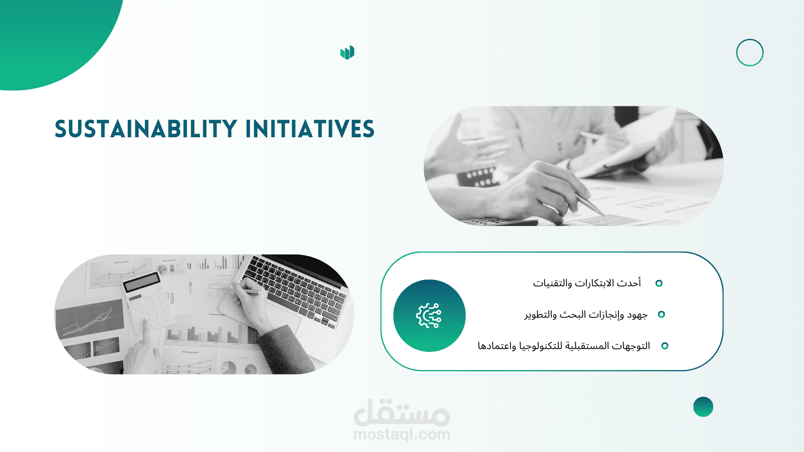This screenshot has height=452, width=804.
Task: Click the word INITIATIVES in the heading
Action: (x=310, y=129)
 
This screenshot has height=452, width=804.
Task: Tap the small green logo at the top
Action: (x=347, y=53)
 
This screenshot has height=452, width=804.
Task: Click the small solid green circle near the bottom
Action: (x=703, y=407)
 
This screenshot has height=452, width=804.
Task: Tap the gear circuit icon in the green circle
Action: (x=429, y=316)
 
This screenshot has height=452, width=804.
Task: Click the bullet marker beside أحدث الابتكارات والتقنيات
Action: (x=659, y=283)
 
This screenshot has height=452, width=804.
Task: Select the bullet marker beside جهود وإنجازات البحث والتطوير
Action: (x=662, y=314)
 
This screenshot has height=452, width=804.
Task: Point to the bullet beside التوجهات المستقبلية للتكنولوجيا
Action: (x=665, y=346)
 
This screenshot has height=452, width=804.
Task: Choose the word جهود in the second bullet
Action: (x=637, y=315)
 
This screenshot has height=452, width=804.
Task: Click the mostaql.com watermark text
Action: (x=402, y=434)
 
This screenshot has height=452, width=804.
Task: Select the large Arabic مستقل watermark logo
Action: (x=402, y=412)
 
